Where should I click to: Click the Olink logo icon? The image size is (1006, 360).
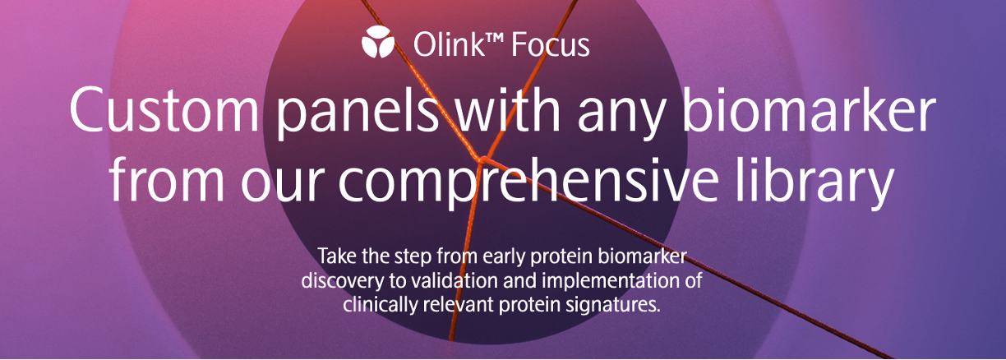click(378, 42)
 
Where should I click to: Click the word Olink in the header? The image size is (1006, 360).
click(449, 44)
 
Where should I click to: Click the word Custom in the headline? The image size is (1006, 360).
click(164, 109)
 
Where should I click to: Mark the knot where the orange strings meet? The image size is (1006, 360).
click(482, 159)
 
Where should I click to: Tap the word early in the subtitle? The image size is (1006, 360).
click(505, 257)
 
